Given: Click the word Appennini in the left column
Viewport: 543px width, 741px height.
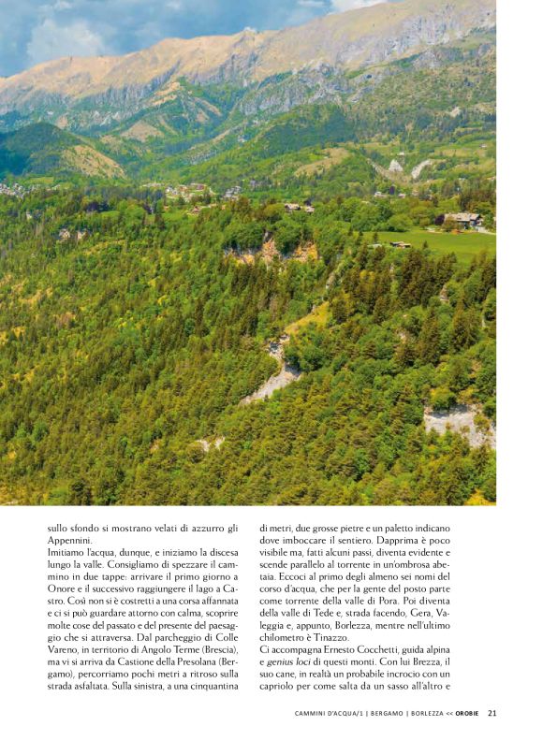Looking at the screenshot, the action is [68, 540].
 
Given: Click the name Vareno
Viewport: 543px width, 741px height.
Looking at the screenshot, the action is [67, 649].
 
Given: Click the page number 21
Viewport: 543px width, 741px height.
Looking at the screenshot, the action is [492, 714].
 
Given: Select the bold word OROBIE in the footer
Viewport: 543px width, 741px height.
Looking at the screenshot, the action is [467, 714].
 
